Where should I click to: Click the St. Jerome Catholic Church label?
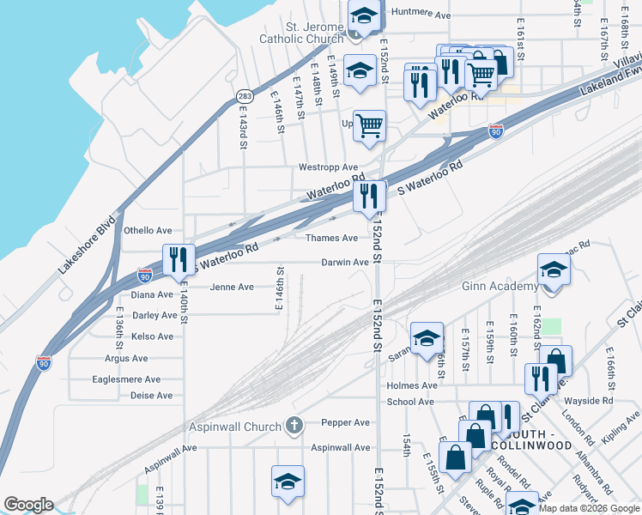(x=301, y=31)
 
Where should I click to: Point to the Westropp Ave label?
(x=328, y=167)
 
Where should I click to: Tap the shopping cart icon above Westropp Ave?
(x=369, y=125)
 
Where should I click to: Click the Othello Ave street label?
(x=148, y=230)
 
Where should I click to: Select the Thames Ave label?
(x=331, y=238)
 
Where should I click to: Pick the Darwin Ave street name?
(x=345, y=262)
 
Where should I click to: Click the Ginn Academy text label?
(x=500, y=286)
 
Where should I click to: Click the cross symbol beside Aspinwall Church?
(x=294, y=426)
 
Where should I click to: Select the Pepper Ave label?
(x=345, y=422)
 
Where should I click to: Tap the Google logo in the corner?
(x=28, y=504)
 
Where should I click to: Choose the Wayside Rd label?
(x=589, y=400)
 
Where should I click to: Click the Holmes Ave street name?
(x=411, y=385)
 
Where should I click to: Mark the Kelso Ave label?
(x=153, y=336)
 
